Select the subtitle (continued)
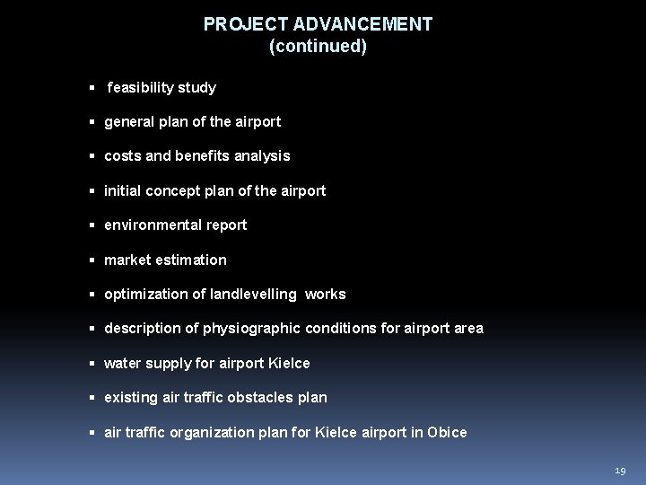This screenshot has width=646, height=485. [318, 47]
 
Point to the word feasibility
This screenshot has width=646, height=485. [142, 88]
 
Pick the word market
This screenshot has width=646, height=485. [127, 260]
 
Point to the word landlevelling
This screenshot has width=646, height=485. [256, 295]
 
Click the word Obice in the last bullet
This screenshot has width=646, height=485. [446, 432]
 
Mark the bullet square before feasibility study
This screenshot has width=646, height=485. [93, 88]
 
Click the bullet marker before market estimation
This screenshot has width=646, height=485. [93, 260]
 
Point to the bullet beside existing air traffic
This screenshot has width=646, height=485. [93, 398]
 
